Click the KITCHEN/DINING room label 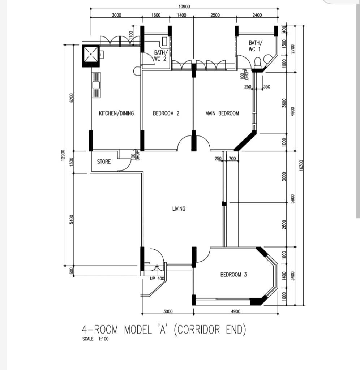point(116,113)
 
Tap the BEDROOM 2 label point(166,113)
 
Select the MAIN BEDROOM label point(222,113)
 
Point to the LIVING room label point(179,208)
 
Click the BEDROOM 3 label point(233,275)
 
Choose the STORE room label point(104,162)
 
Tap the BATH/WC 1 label point(255,46)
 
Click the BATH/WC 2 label point(160,55)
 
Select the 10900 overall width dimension point(184,7)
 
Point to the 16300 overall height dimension point(301,165)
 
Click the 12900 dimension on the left point(63,155)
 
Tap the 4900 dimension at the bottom point(236,311)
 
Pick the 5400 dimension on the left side point(72,219)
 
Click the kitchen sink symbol point(96,85)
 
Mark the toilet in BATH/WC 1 point(257,62)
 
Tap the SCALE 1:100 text point(95,339)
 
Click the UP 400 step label point(157,279)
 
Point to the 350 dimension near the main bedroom point(266,87)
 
